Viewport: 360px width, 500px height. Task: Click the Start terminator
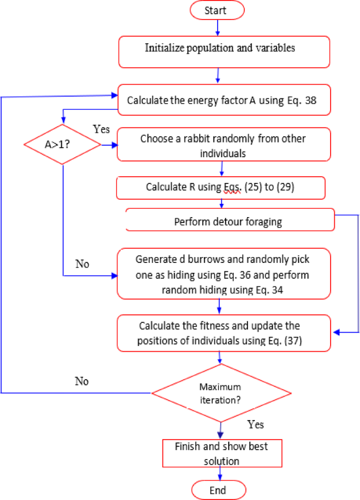point(218,10)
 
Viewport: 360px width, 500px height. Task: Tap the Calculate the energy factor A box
point(224,99)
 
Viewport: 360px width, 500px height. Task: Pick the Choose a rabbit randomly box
point(224,145)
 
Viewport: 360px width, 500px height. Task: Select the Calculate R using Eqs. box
point(221,187)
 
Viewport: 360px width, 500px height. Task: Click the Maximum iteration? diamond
point(221,392)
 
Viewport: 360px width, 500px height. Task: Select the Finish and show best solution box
point(221,453)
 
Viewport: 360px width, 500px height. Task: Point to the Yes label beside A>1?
point(101,129)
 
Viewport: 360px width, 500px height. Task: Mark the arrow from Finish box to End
point(218,473)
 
